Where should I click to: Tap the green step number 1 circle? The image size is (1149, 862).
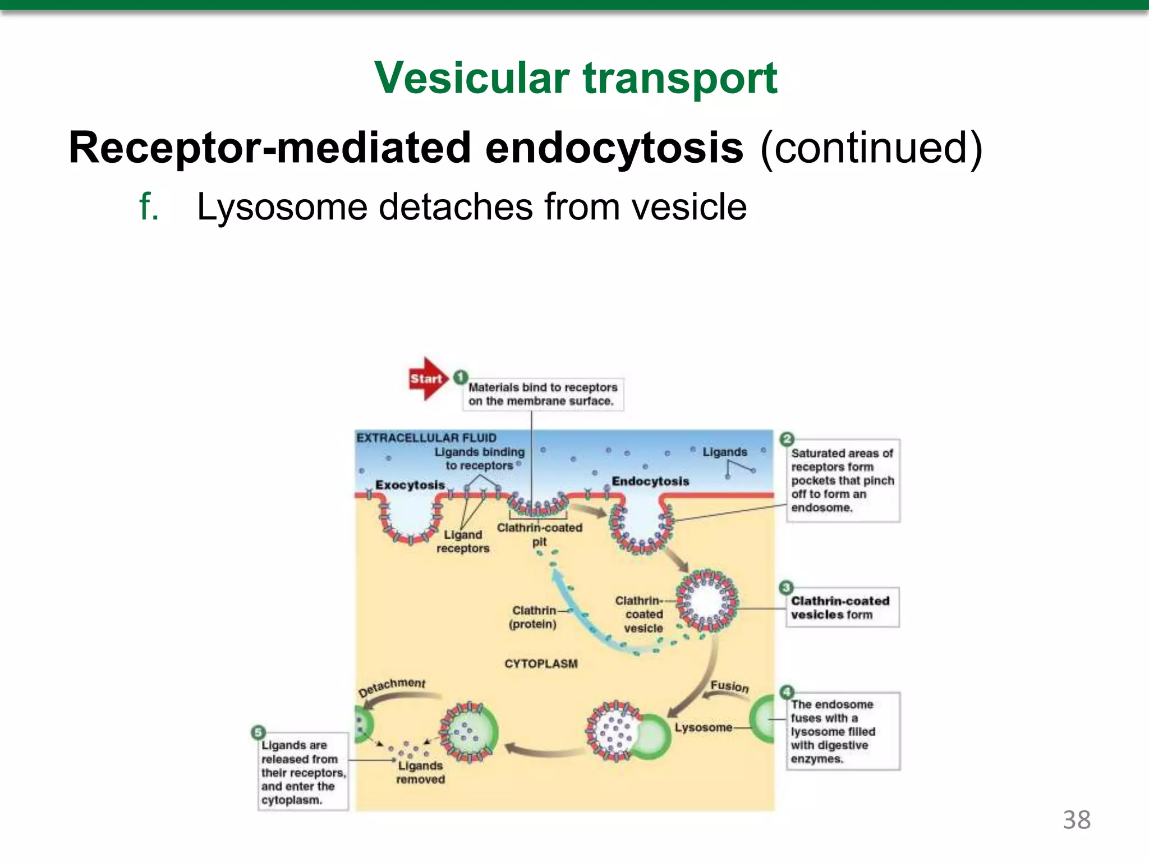461,377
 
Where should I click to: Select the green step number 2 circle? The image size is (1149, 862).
787,439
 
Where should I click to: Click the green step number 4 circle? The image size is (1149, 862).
787,692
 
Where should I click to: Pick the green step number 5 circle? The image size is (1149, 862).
258,732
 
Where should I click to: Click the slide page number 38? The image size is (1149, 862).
1077,820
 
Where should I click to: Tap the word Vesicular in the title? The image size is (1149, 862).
472,78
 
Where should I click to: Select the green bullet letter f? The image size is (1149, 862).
148,207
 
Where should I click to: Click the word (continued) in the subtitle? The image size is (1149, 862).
871,148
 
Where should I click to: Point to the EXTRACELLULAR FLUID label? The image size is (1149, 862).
426,438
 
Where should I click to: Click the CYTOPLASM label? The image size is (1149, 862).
541,664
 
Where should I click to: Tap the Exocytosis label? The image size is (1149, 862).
410,485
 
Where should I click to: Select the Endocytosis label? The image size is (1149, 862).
650,481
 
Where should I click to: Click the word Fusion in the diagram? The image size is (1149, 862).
729,686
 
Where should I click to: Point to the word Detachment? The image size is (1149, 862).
392,686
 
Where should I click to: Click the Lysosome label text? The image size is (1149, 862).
704,727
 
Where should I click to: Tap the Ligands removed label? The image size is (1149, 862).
420,772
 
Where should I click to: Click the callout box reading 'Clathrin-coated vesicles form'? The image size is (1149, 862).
842,608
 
